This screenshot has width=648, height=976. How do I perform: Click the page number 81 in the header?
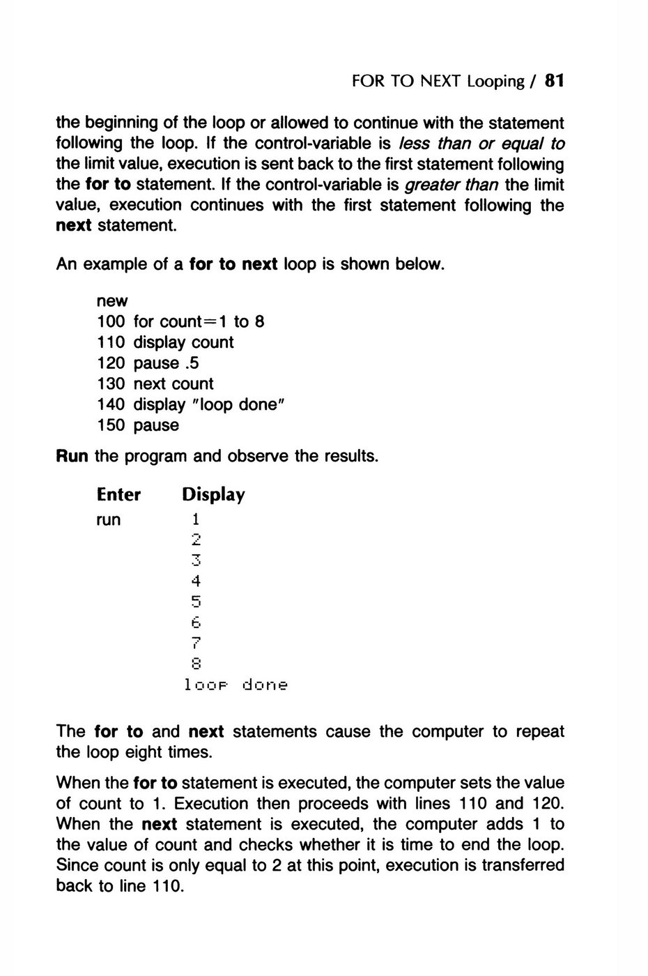coord(554,81)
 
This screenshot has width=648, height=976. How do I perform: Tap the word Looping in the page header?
coord(495,82)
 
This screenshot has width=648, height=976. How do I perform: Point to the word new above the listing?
coord(112,301)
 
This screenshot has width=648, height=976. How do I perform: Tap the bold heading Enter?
coord(118,495)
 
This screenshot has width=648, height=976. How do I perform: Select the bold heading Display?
coord(213,495)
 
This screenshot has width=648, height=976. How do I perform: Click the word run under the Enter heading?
coord(109,520)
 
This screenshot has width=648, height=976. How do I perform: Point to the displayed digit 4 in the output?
coord(196,581)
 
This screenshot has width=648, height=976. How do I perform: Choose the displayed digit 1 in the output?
coord(196,519)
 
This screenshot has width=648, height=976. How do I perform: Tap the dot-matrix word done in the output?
coord(265,685)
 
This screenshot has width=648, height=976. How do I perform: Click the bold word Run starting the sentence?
coord(72,457)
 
